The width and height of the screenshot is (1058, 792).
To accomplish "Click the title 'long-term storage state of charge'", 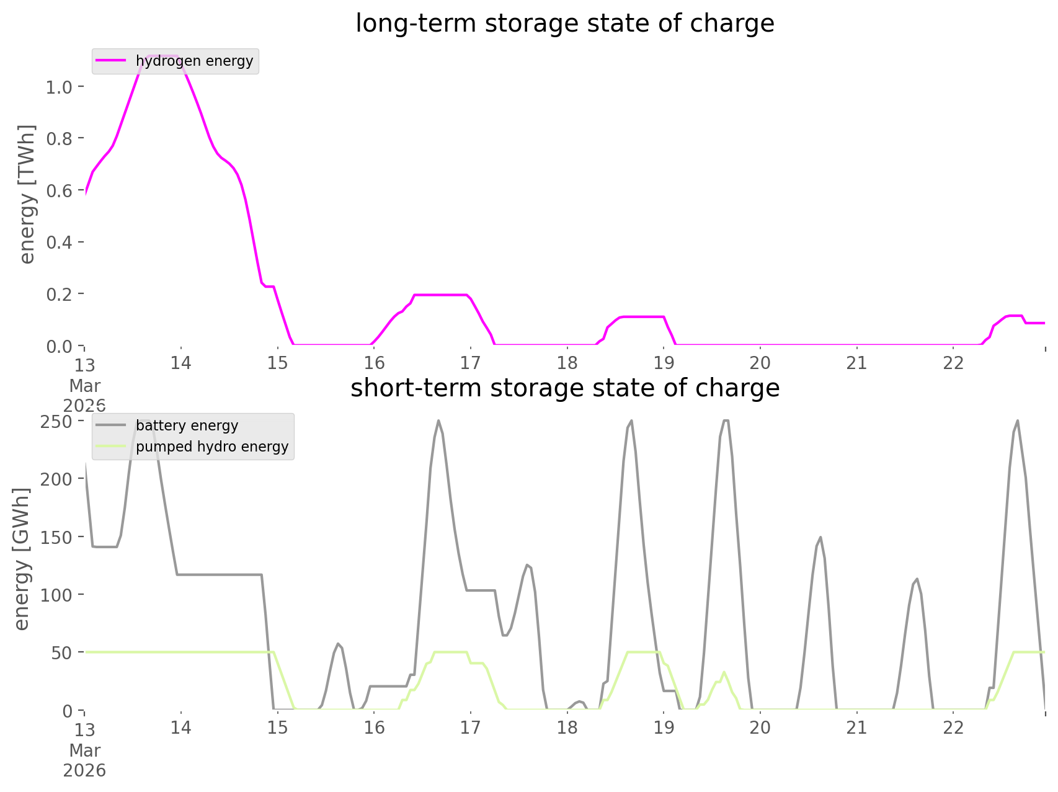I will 564,24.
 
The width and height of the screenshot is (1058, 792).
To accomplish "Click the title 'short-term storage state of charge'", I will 564,388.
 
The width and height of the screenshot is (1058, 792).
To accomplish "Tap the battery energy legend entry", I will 187,425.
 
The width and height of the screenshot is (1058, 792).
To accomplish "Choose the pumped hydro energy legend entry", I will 211,447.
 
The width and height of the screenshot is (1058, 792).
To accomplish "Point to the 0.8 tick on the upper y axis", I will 59,138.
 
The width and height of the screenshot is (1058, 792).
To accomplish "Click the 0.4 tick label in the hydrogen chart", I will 59,242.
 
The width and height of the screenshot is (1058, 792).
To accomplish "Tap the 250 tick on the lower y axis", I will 56,422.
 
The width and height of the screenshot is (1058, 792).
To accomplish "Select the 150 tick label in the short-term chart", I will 56,537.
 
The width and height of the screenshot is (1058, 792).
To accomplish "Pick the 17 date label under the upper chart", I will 471,363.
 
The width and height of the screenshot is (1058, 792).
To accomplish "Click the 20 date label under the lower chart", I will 760,727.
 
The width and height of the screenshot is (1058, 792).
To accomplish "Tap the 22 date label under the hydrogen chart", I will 954,363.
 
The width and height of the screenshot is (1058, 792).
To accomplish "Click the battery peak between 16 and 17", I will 438,421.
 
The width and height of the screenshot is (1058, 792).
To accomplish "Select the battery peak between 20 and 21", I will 820,538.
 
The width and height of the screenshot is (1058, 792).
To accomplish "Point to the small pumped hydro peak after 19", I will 724,672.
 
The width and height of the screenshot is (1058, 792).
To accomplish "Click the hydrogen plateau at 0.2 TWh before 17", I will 440,295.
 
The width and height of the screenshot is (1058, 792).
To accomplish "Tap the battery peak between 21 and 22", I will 917,579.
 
